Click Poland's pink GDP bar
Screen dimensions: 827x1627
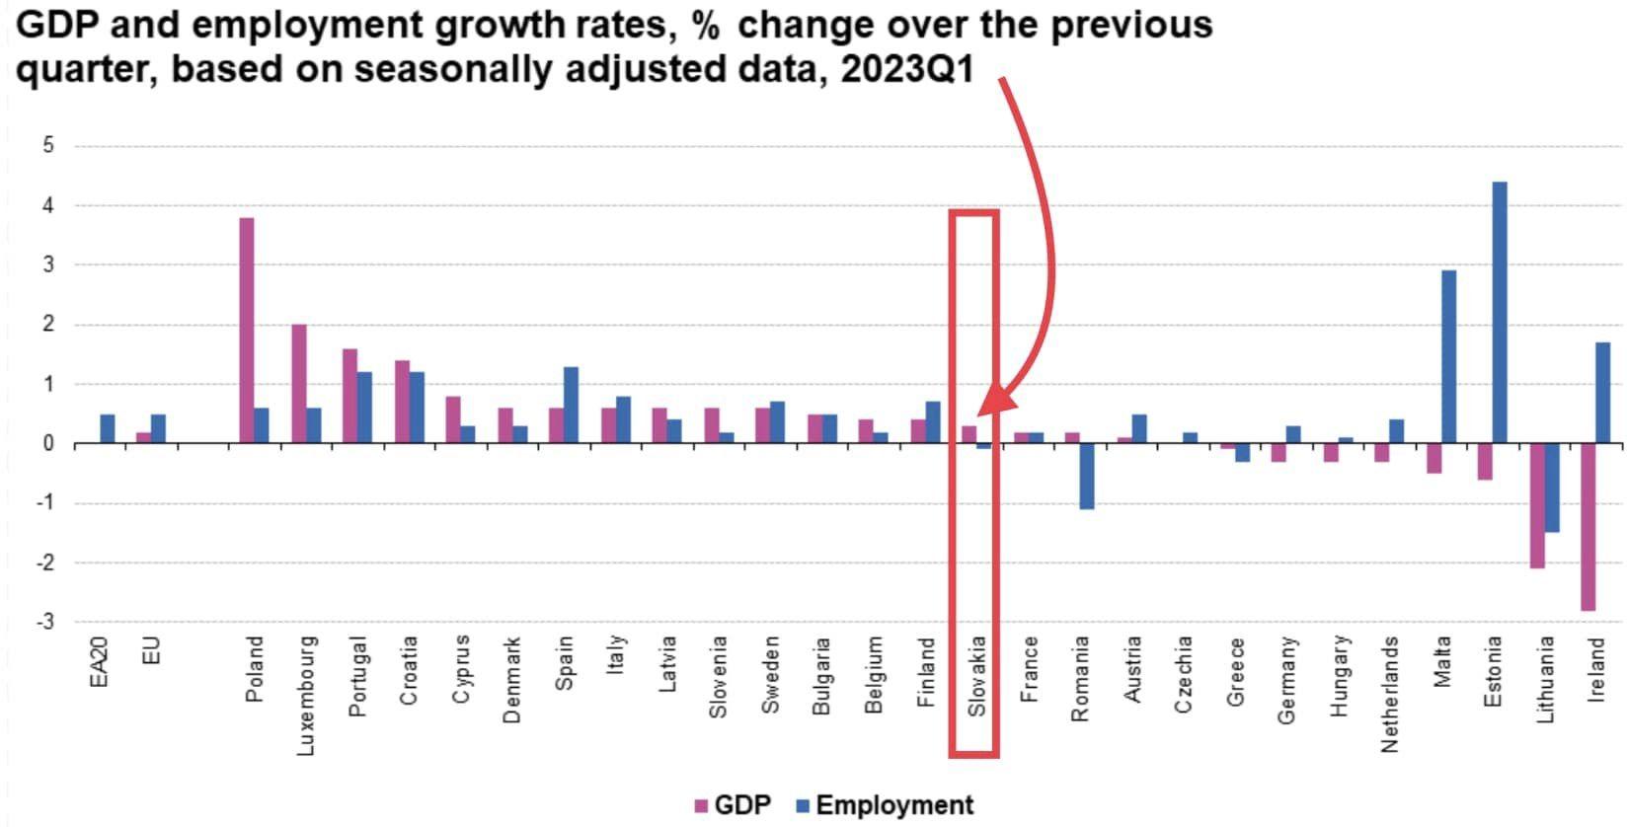(247, 331)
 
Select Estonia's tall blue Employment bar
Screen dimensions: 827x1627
(1500, 313)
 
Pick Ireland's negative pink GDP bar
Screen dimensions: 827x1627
(1588, 527)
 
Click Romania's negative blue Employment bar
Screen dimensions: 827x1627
(1086, 477)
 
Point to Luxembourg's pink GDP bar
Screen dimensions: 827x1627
(298, 384)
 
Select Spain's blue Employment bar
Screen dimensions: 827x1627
(571, 406)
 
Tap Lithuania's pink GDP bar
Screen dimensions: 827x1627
(1537, 505)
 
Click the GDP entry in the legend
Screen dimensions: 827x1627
(733, 805)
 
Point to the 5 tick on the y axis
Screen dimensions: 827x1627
(47, 146)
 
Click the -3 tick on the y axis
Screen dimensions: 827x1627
(44, 622)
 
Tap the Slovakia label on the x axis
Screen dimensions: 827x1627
(977, 677)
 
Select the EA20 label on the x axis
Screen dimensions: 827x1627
(99, 662)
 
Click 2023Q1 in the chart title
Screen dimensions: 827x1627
(905, 70)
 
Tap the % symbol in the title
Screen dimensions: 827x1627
(705, 24)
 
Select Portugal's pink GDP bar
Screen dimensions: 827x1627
(349, 396)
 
